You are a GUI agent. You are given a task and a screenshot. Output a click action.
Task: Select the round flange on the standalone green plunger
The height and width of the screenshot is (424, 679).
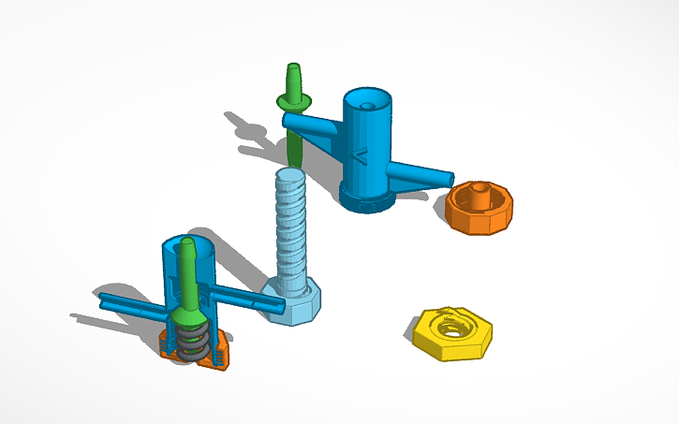coord(294,100)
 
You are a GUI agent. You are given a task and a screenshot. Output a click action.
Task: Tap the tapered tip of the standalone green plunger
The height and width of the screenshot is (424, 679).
coord(293,73)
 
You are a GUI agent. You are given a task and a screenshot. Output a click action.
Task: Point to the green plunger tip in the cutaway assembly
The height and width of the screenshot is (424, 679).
coord(186,252)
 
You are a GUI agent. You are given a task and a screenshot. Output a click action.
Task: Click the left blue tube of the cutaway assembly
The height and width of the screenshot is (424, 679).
coord(131,303)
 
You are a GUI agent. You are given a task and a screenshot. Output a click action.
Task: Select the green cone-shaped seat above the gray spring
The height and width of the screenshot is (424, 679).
coord(190,314)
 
